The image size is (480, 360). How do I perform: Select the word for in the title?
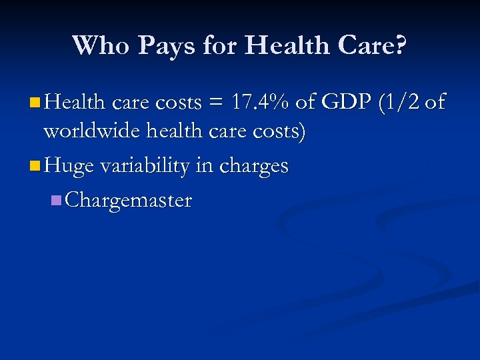point(217,45)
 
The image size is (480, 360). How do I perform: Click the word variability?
point(145,165)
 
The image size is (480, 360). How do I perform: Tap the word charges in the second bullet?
point(254,166)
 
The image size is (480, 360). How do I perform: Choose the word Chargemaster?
point(129,200)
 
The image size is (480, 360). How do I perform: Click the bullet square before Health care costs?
point(35,103)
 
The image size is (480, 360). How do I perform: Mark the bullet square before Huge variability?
point(35,165)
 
